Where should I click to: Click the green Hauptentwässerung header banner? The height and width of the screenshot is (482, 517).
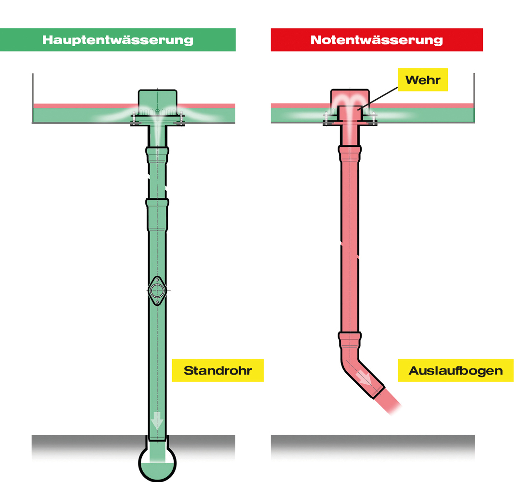118,39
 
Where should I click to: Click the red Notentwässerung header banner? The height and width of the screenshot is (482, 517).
377,39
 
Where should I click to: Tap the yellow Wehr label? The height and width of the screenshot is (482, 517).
423,79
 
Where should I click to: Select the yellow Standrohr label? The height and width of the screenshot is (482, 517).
217,370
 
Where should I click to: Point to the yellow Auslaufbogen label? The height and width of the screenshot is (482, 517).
455,370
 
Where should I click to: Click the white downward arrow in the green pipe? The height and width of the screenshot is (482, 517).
157,420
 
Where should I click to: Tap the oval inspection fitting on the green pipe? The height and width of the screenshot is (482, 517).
157,291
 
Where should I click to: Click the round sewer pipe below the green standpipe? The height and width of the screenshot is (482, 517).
157,462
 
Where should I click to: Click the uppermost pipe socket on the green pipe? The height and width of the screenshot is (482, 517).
157,155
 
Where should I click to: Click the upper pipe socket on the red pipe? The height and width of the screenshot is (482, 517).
350,154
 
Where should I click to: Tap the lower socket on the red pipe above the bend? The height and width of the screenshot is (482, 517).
350,340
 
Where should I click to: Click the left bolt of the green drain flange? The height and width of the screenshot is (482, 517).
134,118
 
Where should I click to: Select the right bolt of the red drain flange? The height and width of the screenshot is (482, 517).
374,117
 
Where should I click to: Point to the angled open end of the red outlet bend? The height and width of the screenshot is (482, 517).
379,392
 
